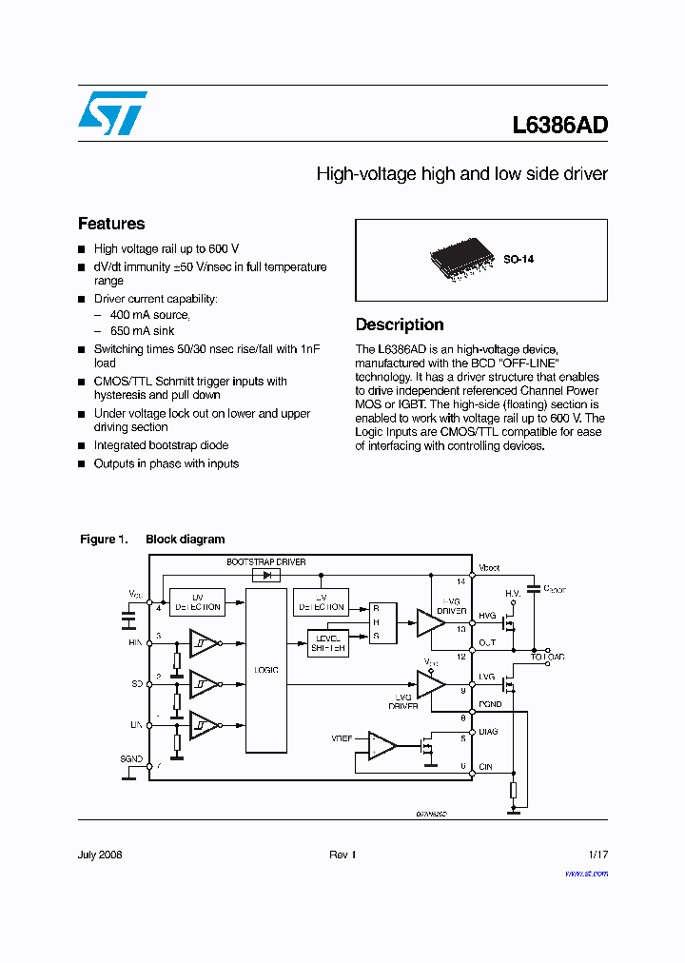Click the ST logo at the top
point(112,113)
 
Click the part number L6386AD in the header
point(559,126)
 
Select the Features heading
point(111,224)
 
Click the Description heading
point(400,324)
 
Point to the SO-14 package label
point(519,259)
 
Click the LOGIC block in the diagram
point(266,670)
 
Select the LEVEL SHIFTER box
point(327,643)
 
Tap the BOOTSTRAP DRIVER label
point(266,562)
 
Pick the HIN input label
point(135,642)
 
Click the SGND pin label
point(132,759)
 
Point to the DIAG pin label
point(488,732)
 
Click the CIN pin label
point(486,766)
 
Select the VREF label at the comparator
point(342,738)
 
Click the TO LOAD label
point(548,658)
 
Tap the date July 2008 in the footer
point(100,855)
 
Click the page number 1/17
point(597,855)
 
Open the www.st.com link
point(586,874)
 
